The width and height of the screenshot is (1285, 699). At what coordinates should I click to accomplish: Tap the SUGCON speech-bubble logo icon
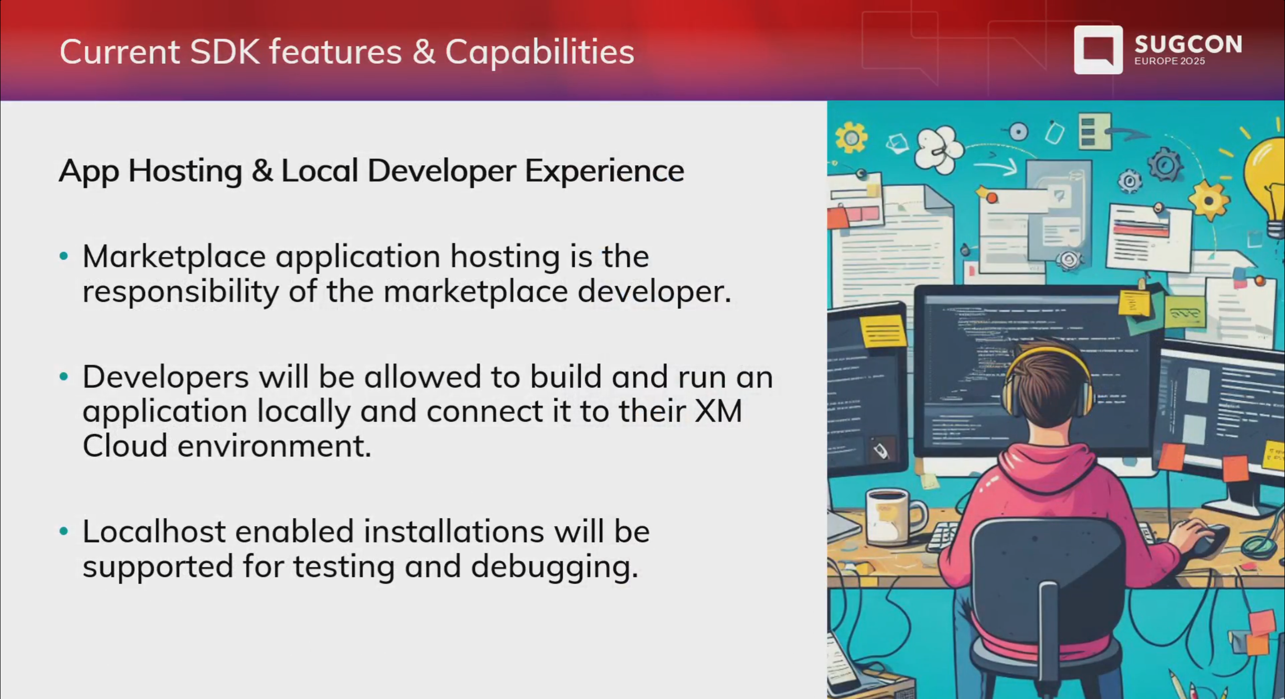click(1098, 50)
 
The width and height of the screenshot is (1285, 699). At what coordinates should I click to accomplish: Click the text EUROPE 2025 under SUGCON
click(1169, 61)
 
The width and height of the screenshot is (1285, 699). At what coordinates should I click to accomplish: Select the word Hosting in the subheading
click(185, 171)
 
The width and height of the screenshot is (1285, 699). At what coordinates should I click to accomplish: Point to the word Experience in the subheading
click(604, 171)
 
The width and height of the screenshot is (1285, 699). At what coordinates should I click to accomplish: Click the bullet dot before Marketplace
click(64, 257)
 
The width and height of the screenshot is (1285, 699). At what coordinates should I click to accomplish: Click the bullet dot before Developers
click(64, 377)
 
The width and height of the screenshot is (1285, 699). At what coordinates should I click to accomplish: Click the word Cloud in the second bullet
click(124, 446)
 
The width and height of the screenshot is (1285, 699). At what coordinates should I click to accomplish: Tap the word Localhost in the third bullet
click(154, 532)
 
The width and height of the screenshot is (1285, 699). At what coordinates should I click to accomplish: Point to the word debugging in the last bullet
click(554, 567)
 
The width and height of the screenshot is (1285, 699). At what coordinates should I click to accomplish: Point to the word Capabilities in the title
click(540, 53)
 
